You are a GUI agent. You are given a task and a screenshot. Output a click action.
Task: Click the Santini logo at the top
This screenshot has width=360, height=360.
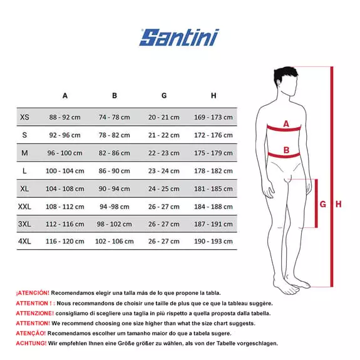click(x=179, y=38)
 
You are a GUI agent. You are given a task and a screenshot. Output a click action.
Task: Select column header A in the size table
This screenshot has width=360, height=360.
click(x=65, y=96)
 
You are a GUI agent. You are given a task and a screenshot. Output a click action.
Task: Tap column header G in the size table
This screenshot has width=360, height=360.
click(x=164, y=96)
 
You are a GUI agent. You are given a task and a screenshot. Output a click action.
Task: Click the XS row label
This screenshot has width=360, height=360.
click(x=24, y=117)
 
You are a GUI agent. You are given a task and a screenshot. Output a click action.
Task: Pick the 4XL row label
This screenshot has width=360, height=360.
click(x=24, y=241)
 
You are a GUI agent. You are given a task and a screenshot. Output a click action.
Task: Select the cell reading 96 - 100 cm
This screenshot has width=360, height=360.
click(x=65, y=153)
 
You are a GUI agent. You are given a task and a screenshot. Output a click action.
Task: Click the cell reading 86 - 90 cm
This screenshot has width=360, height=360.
click(x=115, y=171)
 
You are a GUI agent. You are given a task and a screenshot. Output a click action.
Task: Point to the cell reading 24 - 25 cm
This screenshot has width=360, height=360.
click(x=164, y=188)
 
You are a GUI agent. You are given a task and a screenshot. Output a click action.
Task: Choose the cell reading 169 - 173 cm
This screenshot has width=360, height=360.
click(x=213, y=117)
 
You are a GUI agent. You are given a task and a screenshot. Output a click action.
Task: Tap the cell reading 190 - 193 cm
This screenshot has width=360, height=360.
click(x=213, y=241)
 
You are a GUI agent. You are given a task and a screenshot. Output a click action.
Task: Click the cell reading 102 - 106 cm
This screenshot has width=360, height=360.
click(x=115, y=241)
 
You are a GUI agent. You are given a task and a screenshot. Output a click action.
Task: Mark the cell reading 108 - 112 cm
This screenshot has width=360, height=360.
click(x=65, y=206)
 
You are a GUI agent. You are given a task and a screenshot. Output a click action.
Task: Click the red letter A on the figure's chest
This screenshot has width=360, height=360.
click(x=286, y=124)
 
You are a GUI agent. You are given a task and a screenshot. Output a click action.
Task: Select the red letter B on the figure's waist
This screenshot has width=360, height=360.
click(x=286, y=150)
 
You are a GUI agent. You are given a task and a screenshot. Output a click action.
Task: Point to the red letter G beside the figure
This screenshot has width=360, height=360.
click(x=323, y=204)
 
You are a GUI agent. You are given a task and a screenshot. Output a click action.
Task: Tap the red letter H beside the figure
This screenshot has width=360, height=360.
click(x=338, y=204)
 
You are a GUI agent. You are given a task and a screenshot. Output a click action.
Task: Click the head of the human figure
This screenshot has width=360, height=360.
click(x=286, y=78)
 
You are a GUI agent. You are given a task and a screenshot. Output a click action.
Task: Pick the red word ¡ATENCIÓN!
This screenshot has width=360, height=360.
click(x=32, y=292)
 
